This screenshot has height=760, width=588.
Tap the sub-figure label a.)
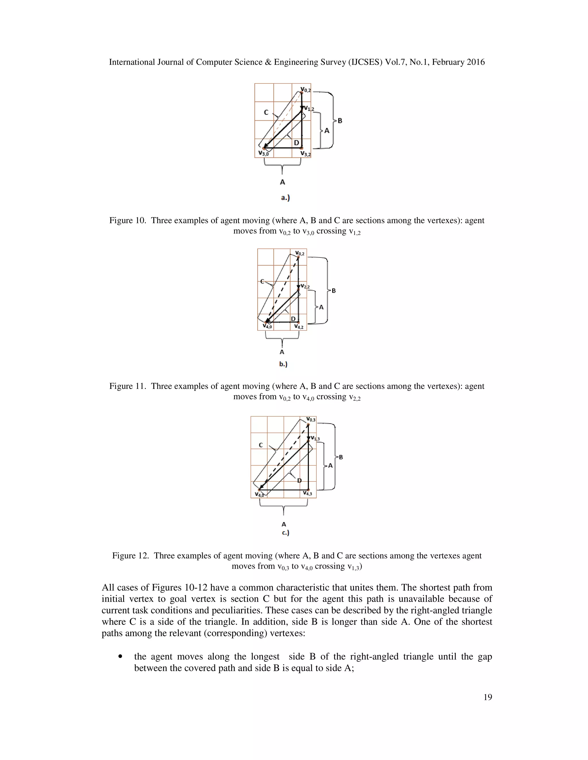pyautogui.click(x=285, y=198)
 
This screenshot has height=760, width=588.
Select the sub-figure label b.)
pyautogui.click(x=283, y=364)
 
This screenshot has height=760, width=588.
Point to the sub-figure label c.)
pyautogui.click(x=286, y=532)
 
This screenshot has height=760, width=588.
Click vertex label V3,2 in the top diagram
pyautogui.click(x=305, y=153)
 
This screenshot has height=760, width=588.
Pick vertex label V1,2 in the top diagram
pyautogui.click(x=309, y=109)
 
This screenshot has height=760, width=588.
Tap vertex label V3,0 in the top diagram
pyautogui.click(x=263, y=153)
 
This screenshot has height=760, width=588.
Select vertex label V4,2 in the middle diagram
pyautogui.click(x=299, y=326)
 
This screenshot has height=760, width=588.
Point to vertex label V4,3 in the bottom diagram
pyautogui.click(x=307, y=493)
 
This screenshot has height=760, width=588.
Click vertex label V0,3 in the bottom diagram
pyautogui.click(x=311, y=419)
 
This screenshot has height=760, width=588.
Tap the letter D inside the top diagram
pyautogui.click(x=296, y=143)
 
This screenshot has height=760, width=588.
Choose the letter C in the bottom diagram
pyautogui.click(x=261, y=445)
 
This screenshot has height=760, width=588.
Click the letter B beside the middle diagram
pyautogui.click(x=334, y=291)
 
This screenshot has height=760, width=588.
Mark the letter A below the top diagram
pyautogui.click(x=283, y=182)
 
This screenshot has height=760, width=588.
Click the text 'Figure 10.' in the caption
pyautogui.click(x=127, y=221)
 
